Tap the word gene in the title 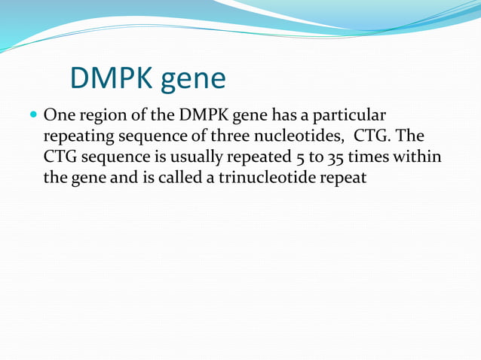click(x=194, y=79)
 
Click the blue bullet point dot click(x=33, y=116)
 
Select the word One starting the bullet click(x=59, y=116)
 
